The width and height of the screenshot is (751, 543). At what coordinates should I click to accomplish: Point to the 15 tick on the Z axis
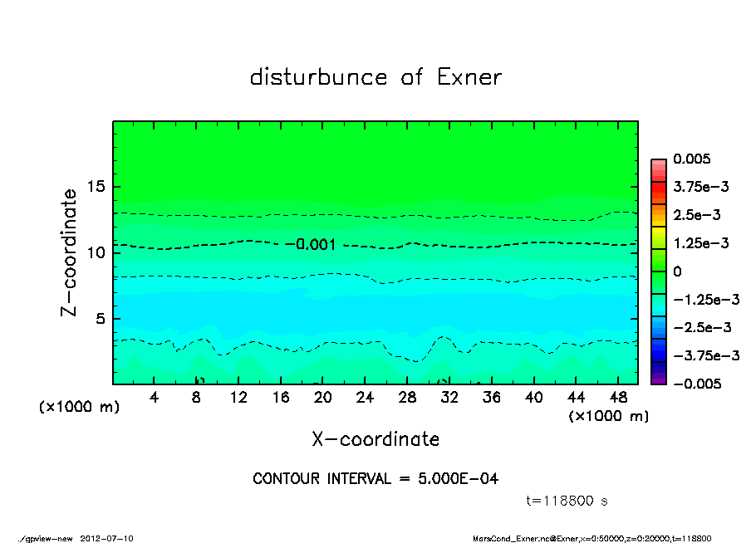point(97,186)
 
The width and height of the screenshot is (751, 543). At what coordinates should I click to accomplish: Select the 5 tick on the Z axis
point(101,318)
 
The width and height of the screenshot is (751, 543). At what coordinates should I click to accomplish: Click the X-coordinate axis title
point(375,438)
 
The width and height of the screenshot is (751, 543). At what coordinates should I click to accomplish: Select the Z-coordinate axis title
point(69,252)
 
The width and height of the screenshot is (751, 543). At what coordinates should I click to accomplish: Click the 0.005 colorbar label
point(692,159)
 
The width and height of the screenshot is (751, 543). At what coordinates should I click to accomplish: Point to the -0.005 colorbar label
point(696,384)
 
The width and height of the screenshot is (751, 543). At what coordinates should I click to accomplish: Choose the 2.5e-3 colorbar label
point(696,215)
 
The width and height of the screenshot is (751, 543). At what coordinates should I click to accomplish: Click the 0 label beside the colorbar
point(677,271)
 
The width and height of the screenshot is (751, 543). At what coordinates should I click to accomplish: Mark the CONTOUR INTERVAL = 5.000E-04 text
point(375,479)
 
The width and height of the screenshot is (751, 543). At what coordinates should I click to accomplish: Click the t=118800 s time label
point(568,501)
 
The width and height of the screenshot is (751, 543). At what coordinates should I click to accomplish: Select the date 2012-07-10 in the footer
point(106,538)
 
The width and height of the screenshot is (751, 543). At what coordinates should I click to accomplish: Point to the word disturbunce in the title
point(318,77)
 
